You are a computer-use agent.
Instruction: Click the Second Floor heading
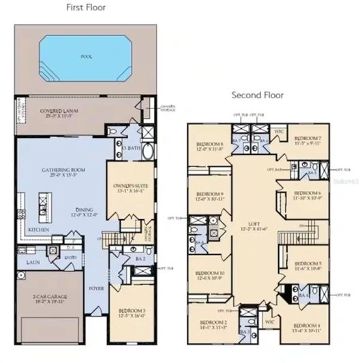[x=257, y=95]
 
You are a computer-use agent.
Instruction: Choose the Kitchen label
[x=37, y=230]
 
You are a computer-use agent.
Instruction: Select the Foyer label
[x=96, y=288]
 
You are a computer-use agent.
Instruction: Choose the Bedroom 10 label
[x=210, y=275]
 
